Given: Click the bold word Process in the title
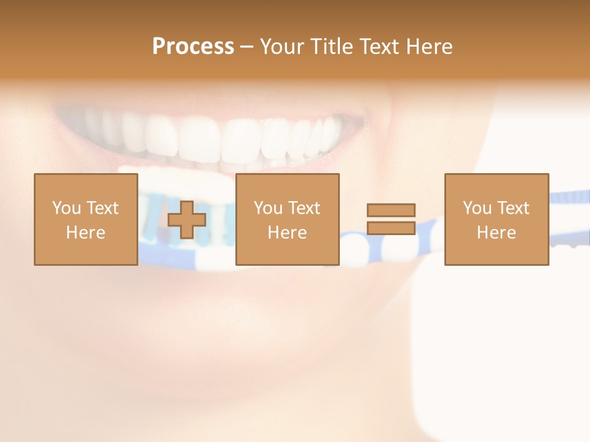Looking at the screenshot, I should (193, 47).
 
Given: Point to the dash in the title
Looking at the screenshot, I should (246, 47).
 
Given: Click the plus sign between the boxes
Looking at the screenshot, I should (187, 219).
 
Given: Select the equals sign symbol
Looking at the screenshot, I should (391, 219).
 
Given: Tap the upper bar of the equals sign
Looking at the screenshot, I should (391, 210).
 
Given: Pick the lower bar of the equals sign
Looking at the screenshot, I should (391, 228).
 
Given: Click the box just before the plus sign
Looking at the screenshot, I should (85, 219).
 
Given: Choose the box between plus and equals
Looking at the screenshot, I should (287, 219).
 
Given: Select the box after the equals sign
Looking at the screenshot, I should (496, 219).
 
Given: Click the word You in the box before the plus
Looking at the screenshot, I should (66, 208).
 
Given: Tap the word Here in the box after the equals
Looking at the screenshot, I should (496, 233).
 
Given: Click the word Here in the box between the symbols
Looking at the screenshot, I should (287, 233).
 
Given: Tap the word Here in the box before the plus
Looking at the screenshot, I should (85, 233).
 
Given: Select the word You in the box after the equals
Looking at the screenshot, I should (477, 208).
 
